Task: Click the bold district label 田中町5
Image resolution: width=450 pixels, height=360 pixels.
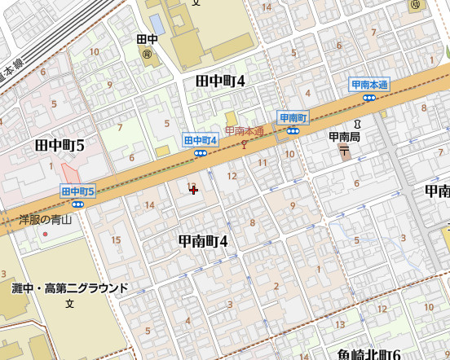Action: tap(60, 146)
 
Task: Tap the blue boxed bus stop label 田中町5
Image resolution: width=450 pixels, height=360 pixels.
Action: tap(78, 191)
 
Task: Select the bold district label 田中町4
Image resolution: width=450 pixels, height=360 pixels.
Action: tap(220, 81)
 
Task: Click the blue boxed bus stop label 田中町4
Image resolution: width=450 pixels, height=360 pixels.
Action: tap(201, 140)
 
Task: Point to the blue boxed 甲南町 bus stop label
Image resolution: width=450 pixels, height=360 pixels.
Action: tap(293, 118)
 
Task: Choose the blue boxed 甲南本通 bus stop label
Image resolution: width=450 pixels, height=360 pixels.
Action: tap(369, 85)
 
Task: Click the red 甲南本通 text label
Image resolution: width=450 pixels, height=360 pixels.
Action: tap(245, 131)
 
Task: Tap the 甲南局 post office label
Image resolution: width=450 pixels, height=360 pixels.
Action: tap(345, 137)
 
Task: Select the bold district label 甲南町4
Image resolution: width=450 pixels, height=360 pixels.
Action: tap(203, 241)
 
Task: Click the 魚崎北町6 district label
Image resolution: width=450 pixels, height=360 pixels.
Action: tap(368, 354)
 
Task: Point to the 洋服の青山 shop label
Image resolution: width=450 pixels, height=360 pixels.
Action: tap(46, 219)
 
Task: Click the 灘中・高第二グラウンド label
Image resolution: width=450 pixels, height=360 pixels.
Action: tap(70, 288)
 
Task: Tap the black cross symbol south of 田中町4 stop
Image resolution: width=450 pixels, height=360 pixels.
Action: tap(193, 190)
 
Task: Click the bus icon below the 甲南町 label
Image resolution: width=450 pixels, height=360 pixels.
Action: tap(293, 130)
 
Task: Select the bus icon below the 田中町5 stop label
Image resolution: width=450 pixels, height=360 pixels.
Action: tap(78, 204)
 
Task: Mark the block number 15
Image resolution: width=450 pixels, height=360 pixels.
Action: tap(116, 239)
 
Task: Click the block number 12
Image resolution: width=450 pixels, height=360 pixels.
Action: tap(232, 176)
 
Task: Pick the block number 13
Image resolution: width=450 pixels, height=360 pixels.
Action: tap(340, 325)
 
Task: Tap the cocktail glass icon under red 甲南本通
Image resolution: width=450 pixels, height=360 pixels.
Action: tap(244, 143)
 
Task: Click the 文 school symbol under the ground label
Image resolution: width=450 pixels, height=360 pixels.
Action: tap(70, 304)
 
